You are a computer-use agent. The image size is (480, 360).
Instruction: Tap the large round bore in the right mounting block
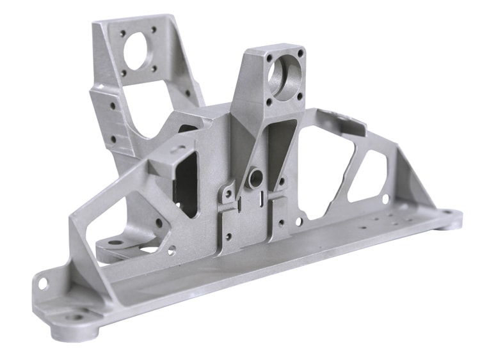click(282, 75)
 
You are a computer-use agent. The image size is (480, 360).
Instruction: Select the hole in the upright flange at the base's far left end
click(43, 280)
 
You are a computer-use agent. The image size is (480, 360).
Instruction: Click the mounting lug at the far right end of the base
click(452, 217)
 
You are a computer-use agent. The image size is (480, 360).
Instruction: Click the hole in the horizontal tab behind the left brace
click(115, 243)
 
